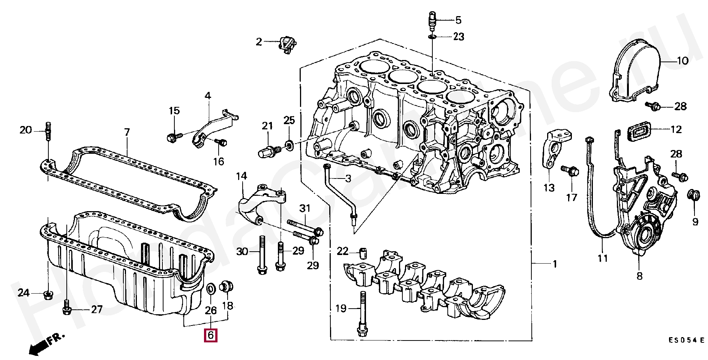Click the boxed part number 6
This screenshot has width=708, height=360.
pos(210,335)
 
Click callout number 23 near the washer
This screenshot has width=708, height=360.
pos(458,37)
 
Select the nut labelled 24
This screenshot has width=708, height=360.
pos(48,294)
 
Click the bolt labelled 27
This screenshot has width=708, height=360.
pos(66,310)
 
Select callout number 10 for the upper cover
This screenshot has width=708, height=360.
pos(682,61)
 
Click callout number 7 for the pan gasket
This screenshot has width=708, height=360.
pos(127,132)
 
